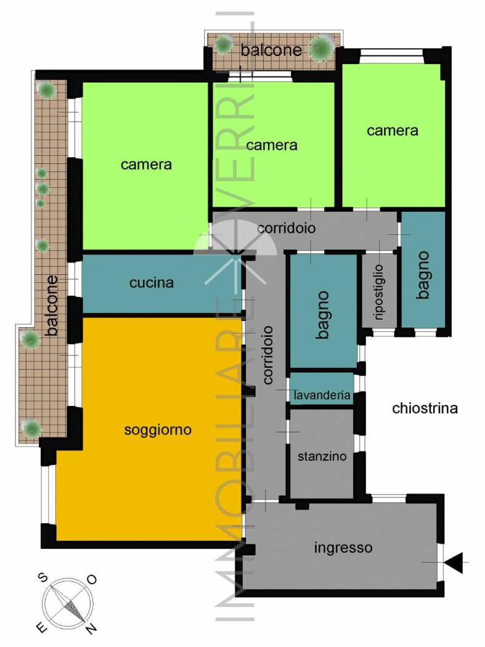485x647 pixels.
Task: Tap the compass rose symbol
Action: tap(68, 603)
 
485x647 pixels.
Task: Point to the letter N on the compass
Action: tap(91, 629)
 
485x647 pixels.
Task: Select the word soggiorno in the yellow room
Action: tap(158, 430)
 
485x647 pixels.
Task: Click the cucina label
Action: tap(152, 283)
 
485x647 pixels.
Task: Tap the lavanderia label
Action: tap(322, 395)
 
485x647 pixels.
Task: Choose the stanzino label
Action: tap(322, 457)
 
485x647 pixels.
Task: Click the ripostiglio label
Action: tap(379, 292)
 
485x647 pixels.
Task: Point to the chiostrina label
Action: tap(425, 408)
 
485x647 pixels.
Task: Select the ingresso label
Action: tap(343, 548)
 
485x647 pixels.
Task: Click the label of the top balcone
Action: tap(271, 51)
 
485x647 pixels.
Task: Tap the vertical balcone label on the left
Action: tap(51, 306)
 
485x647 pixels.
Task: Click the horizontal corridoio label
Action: tap(287, 228)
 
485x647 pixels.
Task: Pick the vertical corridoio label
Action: tap(268, 355)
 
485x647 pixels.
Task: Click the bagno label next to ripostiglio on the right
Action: tap(423, 275)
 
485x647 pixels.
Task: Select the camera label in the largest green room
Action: tap(146, 165)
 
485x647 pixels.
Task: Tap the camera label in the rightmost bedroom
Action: tap(392, 131)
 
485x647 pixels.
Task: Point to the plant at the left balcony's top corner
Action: tap(46, 89)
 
